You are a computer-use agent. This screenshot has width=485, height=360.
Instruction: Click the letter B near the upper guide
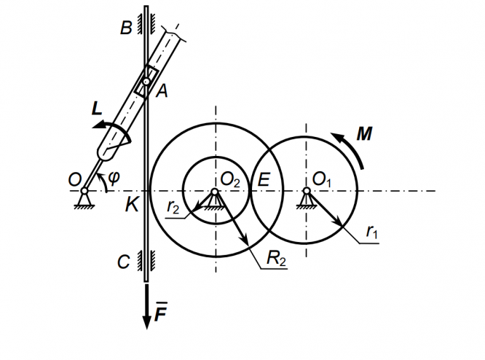126,28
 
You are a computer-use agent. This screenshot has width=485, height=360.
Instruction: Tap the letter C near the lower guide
123,262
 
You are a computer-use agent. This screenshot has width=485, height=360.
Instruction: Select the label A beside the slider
162,91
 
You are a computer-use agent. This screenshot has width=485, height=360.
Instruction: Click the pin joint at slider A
146,82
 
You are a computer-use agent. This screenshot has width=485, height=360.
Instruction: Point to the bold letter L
97,109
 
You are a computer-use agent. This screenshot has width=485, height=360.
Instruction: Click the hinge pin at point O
84,191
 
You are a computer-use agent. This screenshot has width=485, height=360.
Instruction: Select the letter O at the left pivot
74,180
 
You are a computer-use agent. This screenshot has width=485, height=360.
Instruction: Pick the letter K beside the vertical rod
132,205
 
